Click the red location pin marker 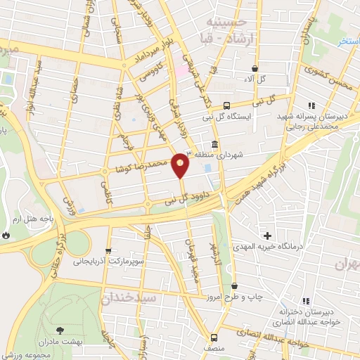181,165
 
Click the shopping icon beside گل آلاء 255,69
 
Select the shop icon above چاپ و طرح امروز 234,286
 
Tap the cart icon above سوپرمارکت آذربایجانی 108,250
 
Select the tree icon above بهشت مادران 59,329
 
